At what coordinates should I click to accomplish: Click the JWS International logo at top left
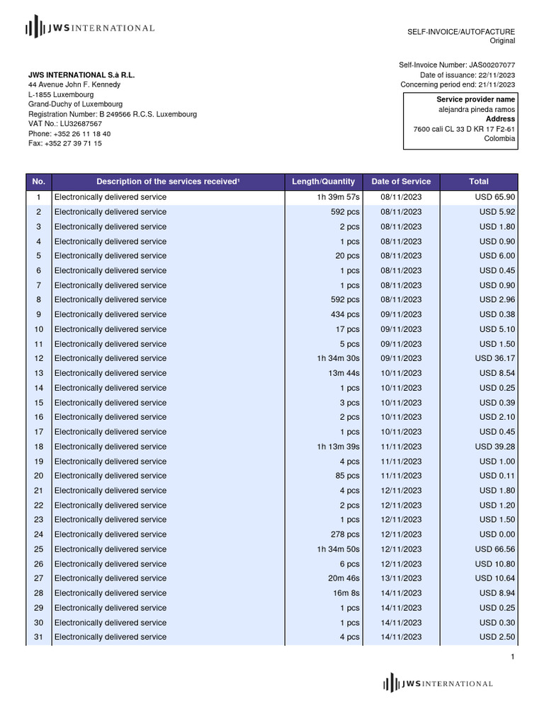pos(90,28)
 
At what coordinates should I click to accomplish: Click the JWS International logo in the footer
pos(438,683)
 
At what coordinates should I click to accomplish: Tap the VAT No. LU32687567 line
pos(65,123)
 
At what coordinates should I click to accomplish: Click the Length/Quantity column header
pos(323,181)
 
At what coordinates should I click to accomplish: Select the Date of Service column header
pos(401,181)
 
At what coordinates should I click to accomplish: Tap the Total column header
pos(479,181)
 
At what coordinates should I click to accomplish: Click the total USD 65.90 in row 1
pos(495,197)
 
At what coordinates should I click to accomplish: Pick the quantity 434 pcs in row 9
pos(345,314)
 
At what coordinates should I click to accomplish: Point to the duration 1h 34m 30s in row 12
pos(339,358)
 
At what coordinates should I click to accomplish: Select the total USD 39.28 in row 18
pos(495,447)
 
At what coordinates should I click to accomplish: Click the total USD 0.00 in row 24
pos(497,535)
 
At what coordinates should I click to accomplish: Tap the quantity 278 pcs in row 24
pos(345,535)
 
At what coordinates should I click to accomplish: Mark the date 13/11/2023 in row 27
pos(401,579)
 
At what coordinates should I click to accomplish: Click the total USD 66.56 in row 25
pos(495,549)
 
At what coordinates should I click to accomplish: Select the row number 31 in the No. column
pos(39,637)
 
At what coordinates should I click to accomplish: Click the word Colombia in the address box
pos(499,139)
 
